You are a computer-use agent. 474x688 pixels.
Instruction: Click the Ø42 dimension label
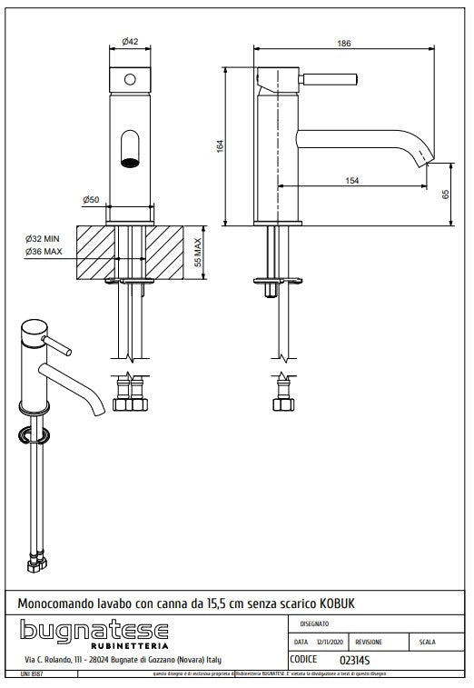(131, 42)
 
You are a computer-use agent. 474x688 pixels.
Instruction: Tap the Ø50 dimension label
(114, 199)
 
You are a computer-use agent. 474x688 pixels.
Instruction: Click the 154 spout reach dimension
(351, 180)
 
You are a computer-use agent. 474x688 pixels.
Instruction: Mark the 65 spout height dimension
(447, 194)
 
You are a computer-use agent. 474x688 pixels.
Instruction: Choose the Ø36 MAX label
(44, 251)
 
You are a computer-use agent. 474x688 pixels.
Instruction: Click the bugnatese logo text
(94, 631)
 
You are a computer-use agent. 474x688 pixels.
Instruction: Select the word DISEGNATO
(314, 623)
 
